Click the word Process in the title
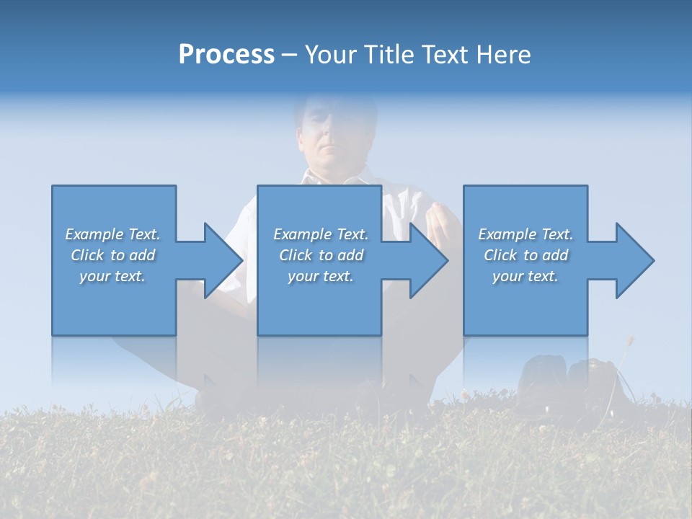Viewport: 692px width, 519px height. coord(226,55)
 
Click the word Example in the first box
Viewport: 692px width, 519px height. coord(94,234)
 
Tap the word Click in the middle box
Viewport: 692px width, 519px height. coord(295,255)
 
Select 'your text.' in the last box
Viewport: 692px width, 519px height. coord(525,276)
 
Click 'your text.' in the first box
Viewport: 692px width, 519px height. coord(113,276)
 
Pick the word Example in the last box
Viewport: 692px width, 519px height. coord(507,234)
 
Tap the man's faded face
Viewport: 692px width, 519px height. coord(328,133)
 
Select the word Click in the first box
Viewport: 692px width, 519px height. coord(86,255)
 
